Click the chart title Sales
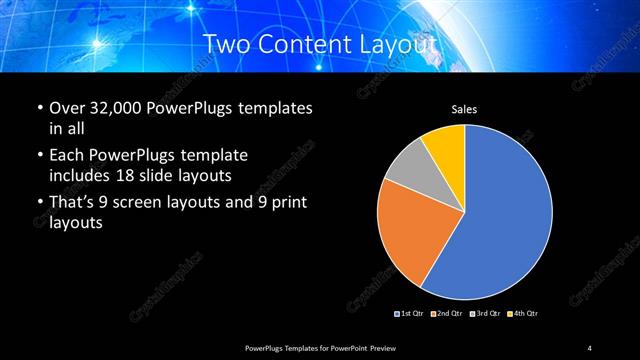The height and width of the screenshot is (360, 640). click(464, 109)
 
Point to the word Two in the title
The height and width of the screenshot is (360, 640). click(225, 44)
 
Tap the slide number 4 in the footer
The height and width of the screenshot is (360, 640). click(590, 347)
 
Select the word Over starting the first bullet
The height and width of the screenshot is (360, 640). click(66, 108)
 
